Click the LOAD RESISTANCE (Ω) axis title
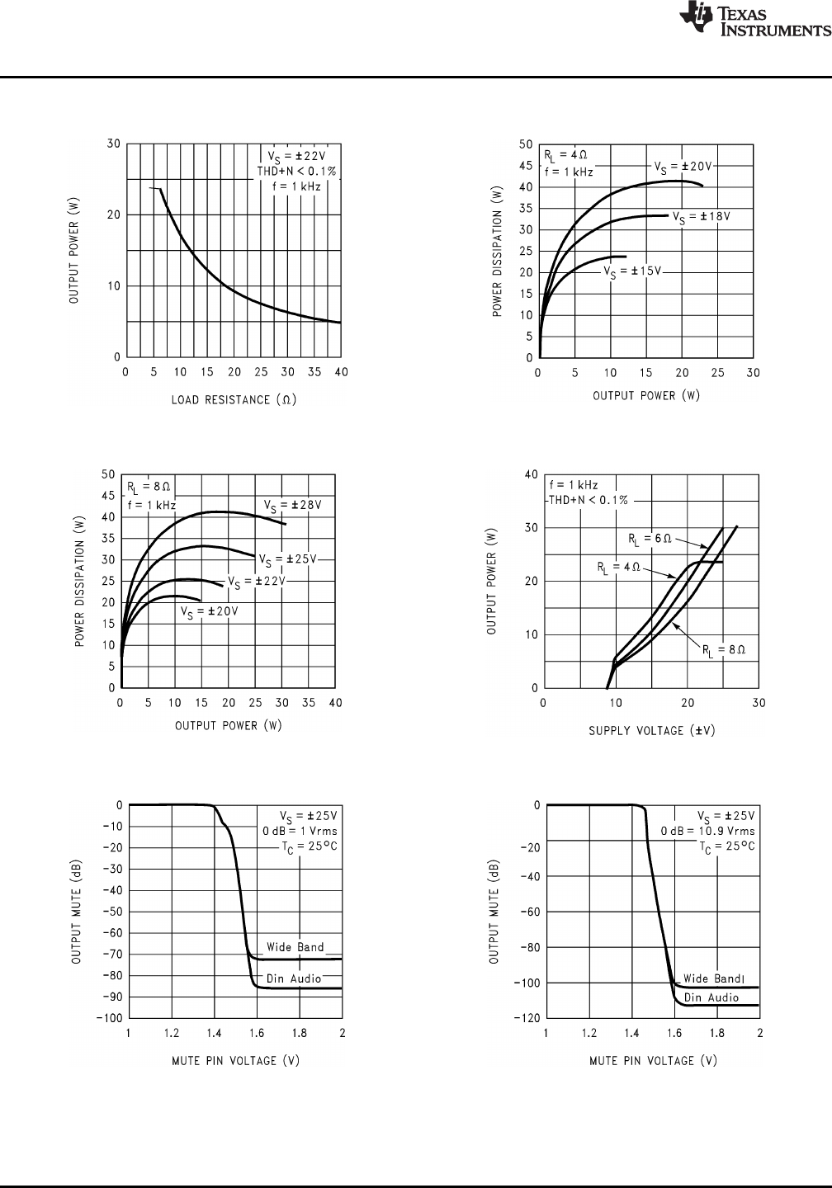(234, 400)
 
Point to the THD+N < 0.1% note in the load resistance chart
(296, 171)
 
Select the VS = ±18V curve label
(702, 217)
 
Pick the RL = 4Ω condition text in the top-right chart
(565, 155)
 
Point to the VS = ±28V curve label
(292, 505)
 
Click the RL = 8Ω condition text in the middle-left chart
(149, 486)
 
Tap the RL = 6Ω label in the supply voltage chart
(649, 540)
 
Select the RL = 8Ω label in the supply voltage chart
(724, 650)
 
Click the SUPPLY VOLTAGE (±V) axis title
(651, 730)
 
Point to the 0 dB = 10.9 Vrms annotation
(707, 831)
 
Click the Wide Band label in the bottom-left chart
(295, 947)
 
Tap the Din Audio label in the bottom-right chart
(711, 997)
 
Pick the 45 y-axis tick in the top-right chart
(525, 166)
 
